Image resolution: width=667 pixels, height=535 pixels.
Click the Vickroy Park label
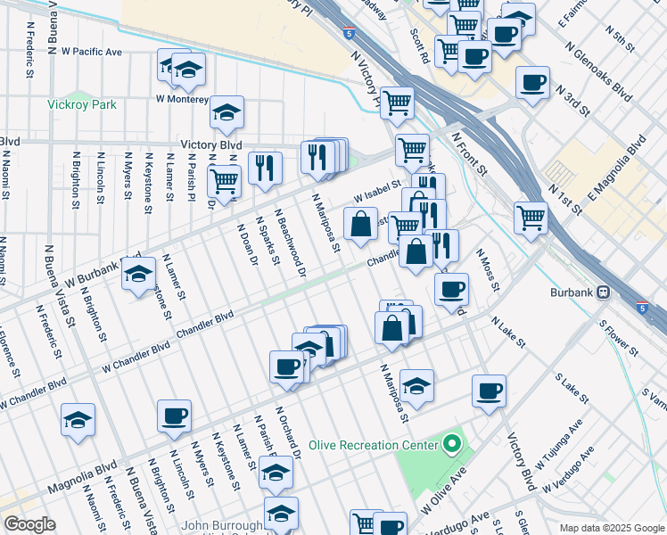(82, 104)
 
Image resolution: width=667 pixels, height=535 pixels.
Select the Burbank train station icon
(604, 292)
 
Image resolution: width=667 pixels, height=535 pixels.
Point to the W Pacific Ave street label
(89, 53)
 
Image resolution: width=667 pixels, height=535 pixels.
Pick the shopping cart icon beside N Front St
(531, 217)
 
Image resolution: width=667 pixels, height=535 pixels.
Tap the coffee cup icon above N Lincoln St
(174, 415)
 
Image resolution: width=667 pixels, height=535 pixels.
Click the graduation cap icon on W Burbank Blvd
(138, 276)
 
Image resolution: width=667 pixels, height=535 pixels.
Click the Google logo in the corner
(29, 524)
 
